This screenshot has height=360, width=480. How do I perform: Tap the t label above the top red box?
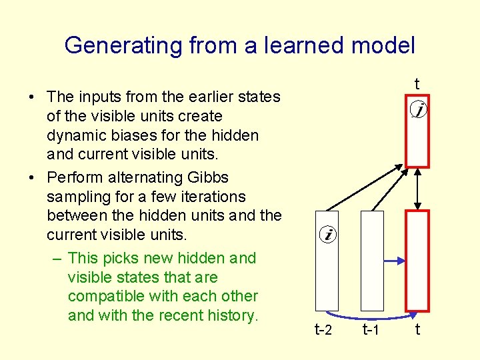pos(417,84)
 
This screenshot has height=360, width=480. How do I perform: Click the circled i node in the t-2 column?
pos(328,235)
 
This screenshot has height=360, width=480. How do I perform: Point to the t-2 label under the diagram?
pos(324,329)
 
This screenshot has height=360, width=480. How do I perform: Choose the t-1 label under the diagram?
pos(371,329)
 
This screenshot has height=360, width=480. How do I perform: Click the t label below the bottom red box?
pos(417,329)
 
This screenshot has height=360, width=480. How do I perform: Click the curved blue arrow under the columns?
pos(371,317)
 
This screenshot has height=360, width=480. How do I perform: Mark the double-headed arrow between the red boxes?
pos(416,189)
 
